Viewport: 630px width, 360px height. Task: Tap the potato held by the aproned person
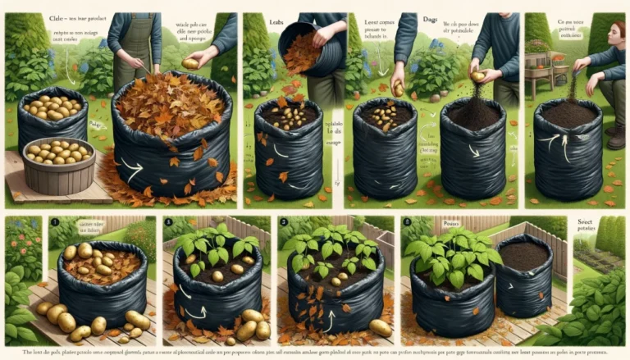(189, 63)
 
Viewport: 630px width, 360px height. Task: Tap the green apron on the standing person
(134, 49)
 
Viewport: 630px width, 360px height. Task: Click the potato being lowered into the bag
(399, 89)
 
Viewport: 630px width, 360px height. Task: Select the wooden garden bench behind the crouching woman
(549, 78)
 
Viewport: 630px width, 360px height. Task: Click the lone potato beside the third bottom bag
(379, 327)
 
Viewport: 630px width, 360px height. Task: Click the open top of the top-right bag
(568, 113)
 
